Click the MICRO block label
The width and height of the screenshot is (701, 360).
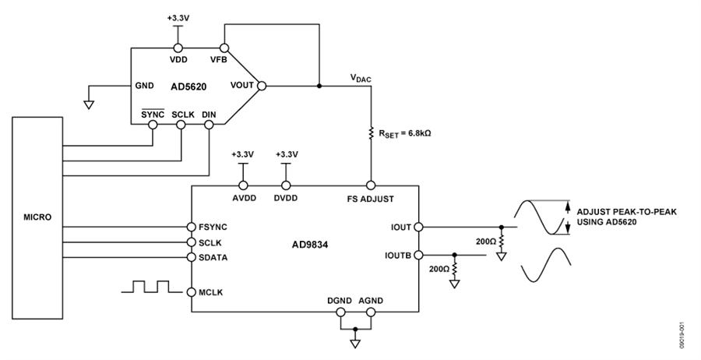tap(37, 217)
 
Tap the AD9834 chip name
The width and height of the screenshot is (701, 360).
tap(311, 245)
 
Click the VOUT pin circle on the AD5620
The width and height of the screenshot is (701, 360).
tap(262, 86)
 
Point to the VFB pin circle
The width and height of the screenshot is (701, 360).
tap(224, 48)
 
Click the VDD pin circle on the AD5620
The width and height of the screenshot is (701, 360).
tap(178, 48)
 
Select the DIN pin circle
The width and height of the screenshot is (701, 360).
tap(209, 124)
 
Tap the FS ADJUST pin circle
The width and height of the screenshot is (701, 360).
tap(371, 185)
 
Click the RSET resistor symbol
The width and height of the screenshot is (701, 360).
tap(371, 132)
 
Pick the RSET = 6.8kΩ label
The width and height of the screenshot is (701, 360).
tap(404, 134)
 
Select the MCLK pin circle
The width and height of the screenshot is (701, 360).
tap(192, 292)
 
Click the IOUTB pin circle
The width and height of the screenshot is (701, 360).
tap(418, 255)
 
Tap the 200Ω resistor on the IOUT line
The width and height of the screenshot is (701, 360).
tap(502, 241)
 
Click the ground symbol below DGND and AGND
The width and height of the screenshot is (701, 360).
tap(355, 344)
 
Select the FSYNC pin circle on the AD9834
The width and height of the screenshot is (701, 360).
tap(192, 227)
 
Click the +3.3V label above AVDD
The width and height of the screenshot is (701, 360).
tap(243, 155)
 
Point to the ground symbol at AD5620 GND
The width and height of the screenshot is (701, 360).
tap(90, 105)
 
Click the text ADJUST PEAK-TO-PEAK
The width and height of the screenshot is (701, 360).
tap(626, 212)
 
